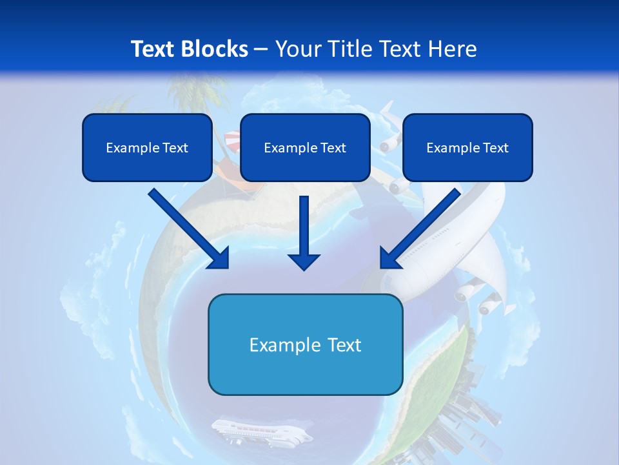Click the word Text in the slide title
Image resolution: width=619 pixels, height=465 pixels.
tap(153, 49)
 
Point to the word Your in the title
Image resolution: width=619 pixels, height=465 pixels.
tap(297, 49)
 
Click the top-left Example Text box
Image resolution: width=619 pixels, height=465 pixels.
tap(147, 148)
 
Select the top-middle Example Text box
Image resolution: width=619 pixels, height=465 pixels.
tap(305, 148)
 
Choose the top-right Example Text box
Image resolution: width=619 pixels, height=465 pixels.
tap(467, 148)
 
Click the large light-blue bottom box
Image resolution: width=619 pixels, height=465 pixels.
tap(305, 345)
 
